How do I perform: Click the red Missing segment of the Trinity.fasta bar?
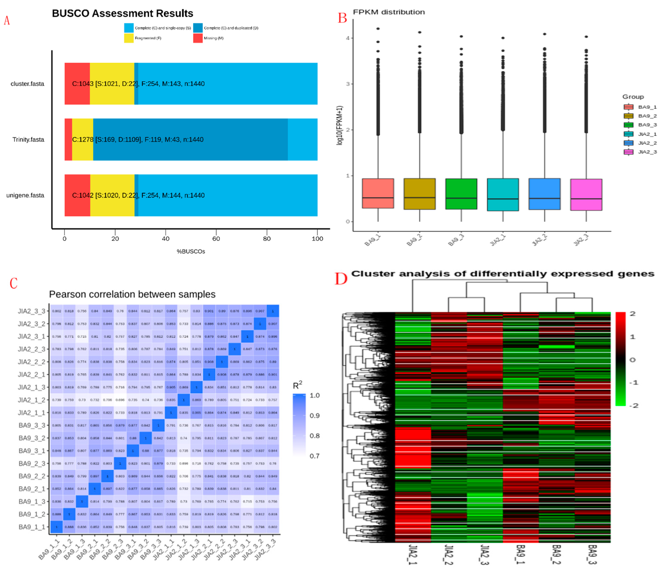[68, 139]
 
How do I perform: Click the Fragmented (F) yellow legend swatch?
[128, 38]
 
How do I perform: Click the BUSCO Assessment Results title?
[122, 14]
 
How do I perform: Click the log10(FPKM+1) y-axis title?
[340, 125]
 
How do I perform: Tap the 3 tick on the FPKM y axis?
[347, 84]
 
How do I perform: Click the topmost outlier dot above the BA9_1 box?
[378, 29]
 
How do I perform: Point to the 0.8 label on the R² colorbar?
[314, 435]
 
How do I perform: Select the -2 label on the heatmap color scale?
[633, 406]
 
